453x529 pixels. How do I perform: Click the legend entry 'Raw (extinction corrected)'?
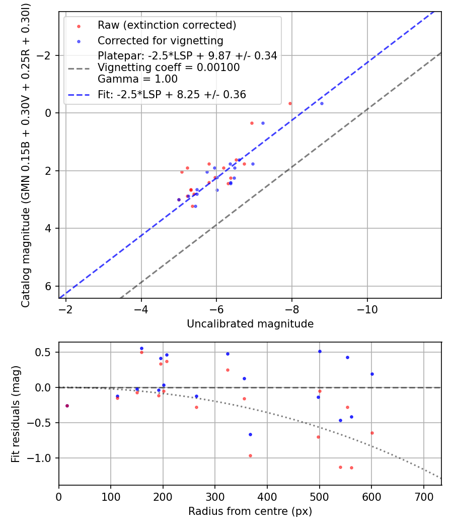click(167, 25)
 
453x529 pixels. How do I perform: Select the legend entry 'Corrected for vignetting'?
click(160, 40)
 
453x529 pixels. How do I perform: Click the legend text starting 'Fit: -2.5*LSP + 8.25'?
click(172, 95)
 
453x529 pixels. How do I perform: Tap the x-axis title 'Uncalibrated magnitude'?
click(250, 324)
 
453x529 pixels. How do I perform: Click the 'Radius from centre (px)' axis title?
click(250, 511)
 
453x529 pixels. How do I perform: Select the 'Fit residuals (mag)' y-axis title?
click(16, 414)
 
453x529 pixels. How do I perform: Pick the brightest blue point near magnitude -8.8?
click(322, 103)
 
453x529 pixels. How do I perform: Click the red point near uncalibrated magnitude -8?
click(290, 103)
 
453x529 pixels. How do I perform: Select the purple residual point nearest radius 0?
click(67, 406)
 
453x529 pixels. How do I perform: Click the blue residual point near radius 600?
click(372, 374)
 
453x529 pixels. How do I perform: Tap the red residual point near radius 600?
click(372, 433)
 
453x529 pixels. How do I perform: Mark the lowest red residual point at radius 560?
click(351, 468)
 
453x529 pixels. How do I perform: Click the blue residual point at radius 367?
click(250, 434)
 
